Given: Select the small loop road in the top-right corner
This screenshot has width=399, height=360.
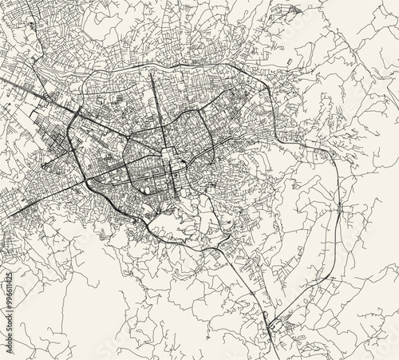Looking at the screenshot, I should click(294, 11).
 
